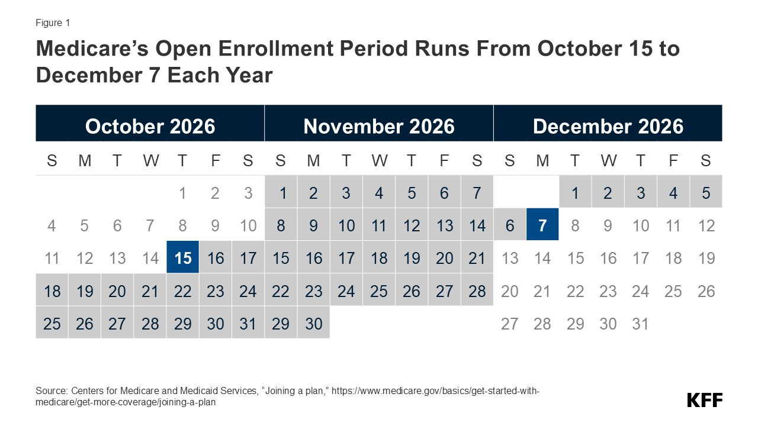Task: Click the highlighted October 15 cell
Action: coord(183,257)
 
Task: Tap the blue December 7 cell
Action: coord(542,224)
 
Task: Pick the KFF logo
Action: coord(705,400)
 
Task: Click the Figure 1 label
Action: coord(53,22)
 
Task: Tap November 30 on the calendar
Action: coord(314,323)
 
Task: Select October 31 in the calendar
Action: coord(248,323)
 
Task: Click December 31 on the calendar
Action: coord(640,324)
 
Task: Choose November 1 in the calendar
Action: coord(281,192)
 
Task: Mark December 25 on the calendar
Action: coord(673,291)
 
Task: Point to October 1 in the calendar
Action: coord(182,193)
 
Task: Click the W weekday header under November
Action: coord(380,160)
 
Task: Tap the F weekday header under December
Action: coord(673,160)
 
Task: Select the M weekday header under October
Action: coord(85,160)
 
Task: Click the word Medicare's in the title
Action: coord(92,49)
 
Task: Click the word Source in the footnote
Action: coord(52,391)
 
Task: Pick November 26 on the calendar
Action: coord(412,290)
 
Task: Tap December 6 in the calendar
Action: coord(510,224)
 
